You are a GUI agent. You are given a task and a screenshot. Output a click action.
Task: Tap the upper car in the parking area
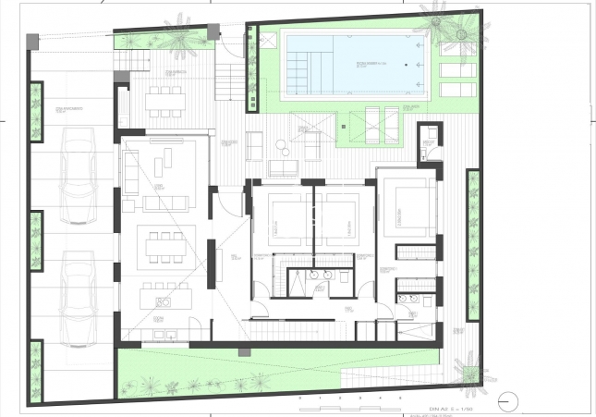click(79, 176)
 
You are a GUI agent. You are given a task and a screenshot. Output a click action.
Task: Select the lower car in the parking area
click(79, 295)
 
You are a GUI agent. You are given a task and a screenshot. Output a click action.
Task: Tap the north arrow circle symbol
click(507, 400)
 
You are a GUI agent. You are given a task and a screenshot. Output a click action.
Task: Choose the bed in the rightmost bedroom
click(407, 214)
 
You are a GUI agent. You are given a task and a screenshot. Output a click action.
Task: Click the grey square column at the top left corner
click(34, 41)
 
